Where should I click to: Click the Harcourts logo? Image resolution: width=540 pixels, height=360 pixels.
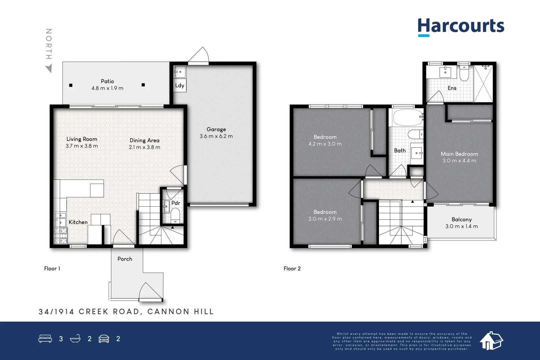point(461,27)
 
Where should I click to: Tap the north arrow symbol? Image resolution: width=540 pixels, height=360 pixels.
point(49,69)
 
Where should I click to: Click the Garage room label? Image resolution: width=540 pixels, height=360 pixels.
point(216,129)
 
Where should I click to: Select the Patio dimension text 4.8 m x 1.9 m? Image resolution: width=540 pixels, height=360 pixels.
point(107,88)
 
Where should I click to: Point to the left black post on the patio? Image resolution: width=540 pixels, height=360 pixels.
point(71,85)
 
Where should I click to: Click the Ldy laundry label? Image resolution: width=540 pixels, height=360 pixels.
point(180,85)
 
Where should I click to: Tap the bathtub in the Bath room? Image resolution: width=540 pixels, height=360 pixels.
point(407,118)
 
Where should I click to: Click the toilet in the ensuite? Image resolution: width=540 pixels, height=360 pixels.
point(464,73)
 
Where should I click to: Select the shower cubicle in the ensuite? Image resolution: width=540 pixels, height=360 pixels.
point(483,84)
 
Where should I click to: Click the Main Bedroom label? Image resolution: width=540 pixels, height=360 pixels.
point(459,154)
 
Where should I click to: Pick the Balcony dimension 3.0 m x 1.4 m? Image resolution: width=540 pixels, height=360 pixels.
point(461,226)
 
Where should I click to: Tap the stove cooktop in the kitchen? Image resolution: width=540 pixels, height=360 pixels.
point(61,235)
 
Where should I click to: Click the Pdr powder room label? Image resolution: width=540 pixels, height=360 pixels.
point(176,203)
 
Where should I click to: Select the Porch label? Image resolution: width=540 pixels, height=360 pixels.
point(125,259)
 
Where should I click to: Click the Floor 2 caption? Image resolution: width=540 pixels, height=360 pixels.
point(292,269)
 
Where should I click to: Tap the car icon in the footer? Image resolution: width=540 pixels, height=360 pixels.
point(104,339)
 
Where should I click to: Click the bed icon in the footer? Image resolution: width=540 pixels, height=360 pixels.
point(45,339)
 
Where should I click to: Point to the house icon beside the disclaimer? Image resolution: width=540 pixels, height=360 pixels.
point(491,341)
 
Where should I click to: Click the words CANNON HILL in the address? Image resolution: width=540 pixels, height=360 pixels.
point(180,312)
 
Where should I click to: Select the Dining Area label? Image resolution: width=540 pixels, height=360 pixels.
point(144,141)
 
